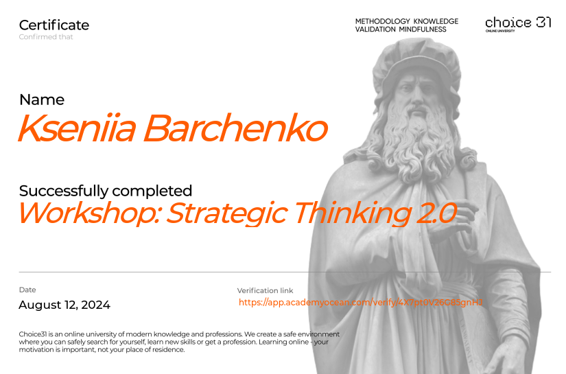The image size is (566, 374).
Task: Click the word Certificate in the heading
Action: pyautogui.click(x=54, y=25)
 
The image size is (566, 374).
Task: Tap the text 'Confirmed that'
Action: pyautogui.click(x=46, y=37)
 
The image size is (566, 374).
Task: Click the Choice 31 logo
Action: pyautogui.click(x=518, y=24)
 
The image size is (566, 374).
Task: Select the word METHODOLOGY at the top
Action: pyautogui.click(x=382, y=21)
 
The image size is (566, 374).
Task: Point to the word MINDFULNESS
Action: pyautogui.click(x=423, y=30)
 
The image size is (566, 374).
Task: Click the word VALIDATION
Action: pyautogui.click(x=375, y=30)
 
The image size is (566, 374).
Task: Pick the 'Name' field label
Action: pyautogui.click(x=42, y=100)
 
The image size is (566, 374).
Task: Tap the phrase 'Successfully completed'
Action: pyautogui.click(x=106, y=191)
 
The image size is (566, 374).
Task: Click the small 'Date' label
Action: pyautogui.click(x=27, y=290)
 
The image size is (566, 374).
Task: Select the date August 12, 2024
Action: pyautogui.click(x=64, y=305)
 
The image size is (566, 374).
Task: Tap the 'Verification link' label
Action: pyautogui.click(x=265, y=291)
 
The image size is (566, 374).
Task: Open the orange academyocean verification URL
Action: pyautogui.click(x=361, y=302)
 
